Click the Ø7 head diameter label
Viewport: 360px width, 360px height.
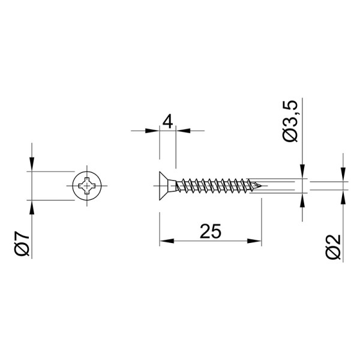coord(22,244)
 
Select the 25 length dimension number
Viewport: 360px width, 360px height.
coord(211,231)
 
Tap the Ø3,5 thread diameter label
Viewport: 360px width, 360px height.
coord(290,121)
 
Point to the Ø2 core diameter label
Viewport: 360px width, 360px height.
coord(333,247)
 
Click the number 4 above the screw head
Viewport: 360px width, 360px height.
coord(167,122)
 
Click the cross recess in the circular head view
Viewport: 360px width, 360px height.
coord(87,185)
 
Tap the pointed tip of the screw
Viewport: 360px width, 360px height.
coord(262,185)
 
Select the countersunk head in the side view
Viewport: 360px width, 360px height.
coord(168,186)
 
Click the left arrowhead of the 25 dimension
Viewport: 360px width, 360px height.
coord(167,241)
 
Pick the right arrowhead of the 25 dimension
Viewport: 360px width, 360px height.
coord(254,241)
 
